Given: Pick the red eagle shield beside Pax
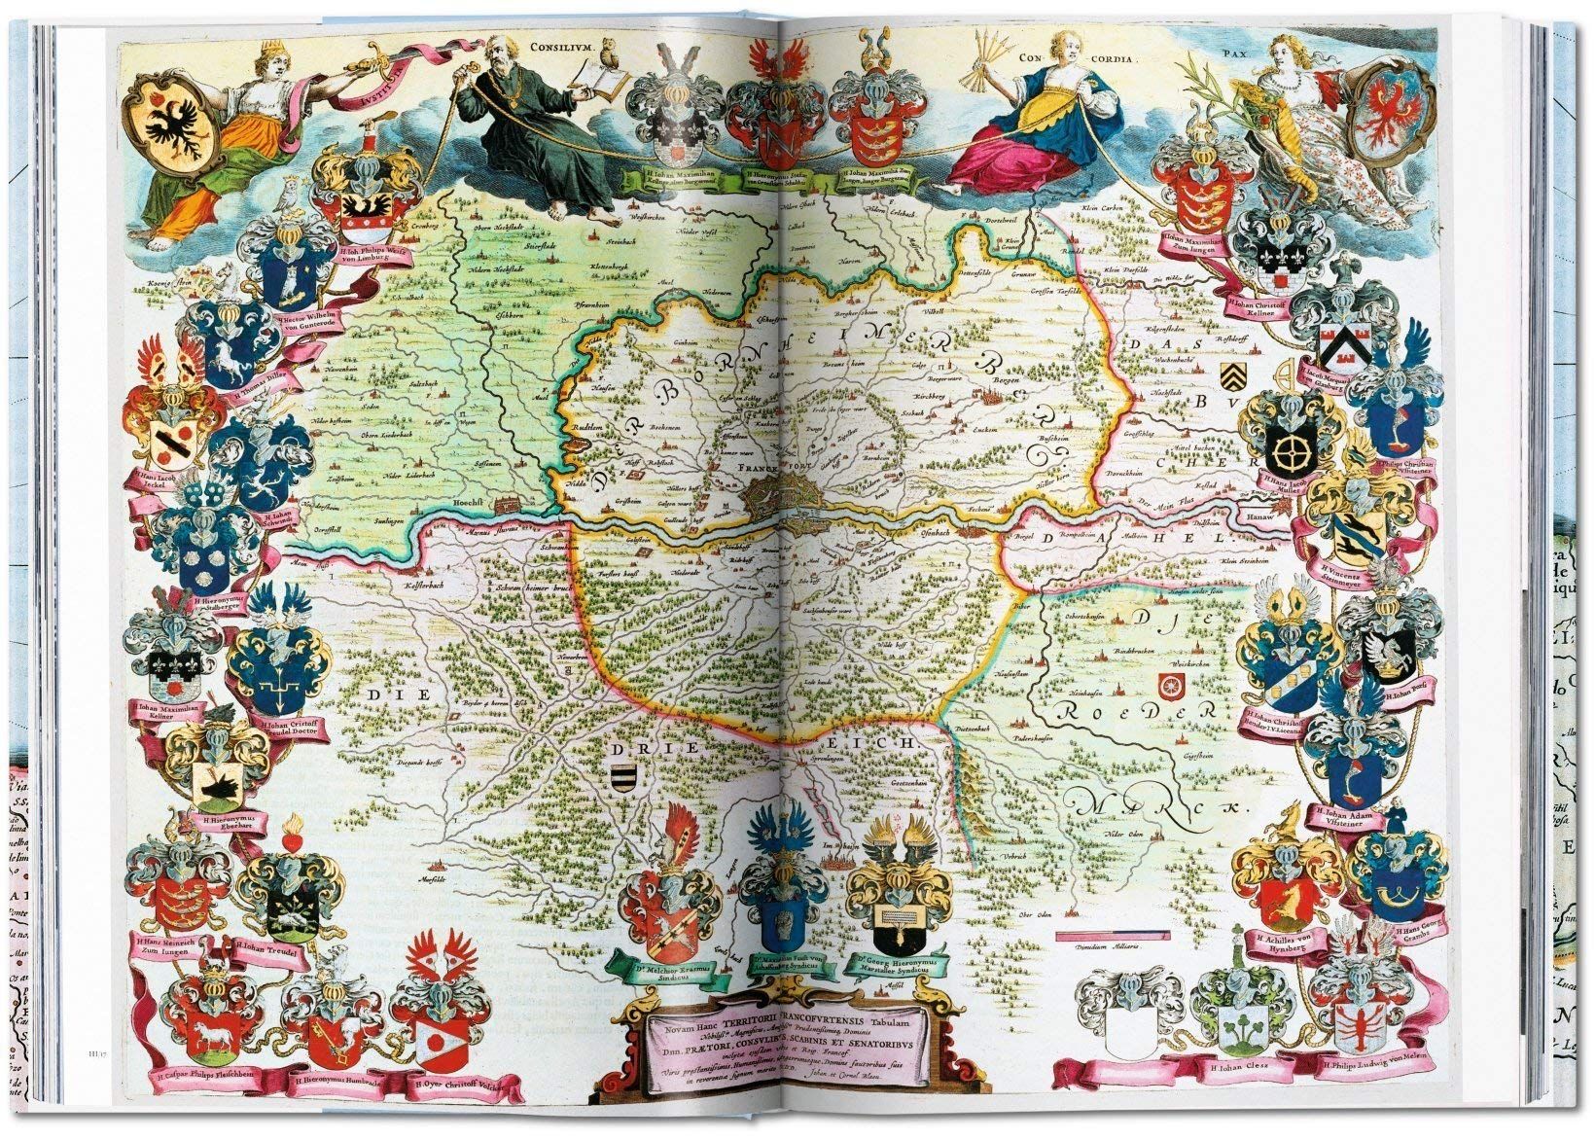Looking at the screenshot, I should click(1397, 103).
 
